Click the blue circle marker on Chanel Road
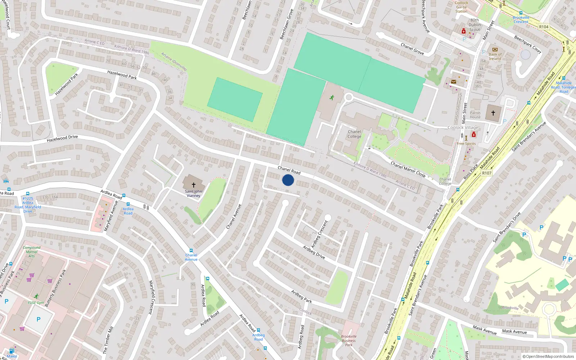tap(288, 180)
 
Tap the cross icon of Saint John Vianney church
tap(194, 185)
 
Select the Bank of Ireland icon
tap(495, 50)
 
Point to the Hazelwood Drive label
tap(62, 138)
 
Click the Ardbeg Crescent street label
tap(320, 234)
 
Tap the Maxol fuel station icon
tap(12, 351)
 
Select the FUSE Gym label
tap(36, 302)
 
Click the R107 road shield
tap(487, 173)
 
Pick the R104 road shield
tap(544, 27)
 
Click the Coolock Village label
tap(463, 127)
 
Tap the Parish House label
tap(475, 115)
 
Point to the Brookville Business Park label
tap(348, 341)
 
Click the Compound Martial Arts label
tap(32, 252)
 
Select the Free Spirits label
tap(466, 144)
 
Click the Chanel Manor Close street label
tap(408, 169)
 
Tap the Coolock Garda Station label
tap(461, 7)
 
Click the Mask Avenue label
tap(514, 331)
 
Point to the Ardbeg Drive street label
tap(314, 252)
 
